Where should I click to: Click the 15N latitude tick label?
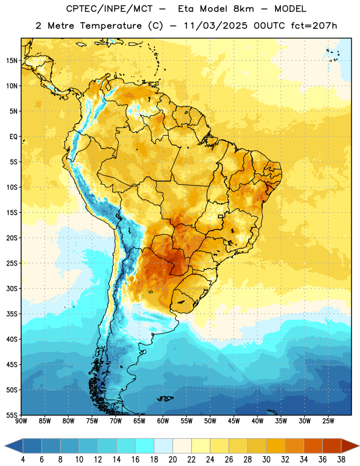click(x=12, y=61)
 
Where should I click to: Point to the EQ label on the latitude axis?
click(x=13, y=137)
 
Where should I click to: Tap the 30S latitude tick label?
click(x=12, y=288)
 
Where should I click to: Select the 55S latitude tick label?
click(x=12, y=415)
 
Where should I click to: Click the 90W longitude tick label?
click(x=22, y=421)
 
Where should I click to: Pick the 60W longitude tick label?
click(x=163, y=421)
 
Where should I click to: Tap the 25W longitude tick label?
click(x=328, y=421)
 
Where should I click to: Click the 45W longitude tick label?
click(x=234, y=421)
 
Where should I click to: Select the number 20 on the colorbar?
click(x=172, y=460)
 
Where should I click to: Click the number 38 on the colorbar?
click(x=341, y=460)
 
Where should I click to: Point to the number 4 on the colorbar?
click(x=23, y=460)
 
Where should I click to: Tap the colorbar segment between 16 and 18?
click(x=145, y=446)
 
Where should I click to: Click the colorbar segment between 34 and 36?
click(x=313, y=446)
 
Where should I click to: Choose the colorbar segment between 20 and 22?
click(x=182, y=446)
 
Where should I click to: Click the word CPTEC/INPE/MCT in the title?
click(x=110, y=9)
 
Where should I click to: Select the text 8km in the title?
click(x=243, y=9)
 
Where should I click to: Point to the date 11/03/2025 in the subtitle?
click(x=216, y=26)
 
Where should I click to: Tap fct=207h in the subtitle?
click(x=314, y=26)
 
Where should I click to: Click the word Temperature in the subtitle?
click(x=111, y=26)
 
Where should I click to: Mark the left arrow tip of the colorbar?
click(x=5, y=446)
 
